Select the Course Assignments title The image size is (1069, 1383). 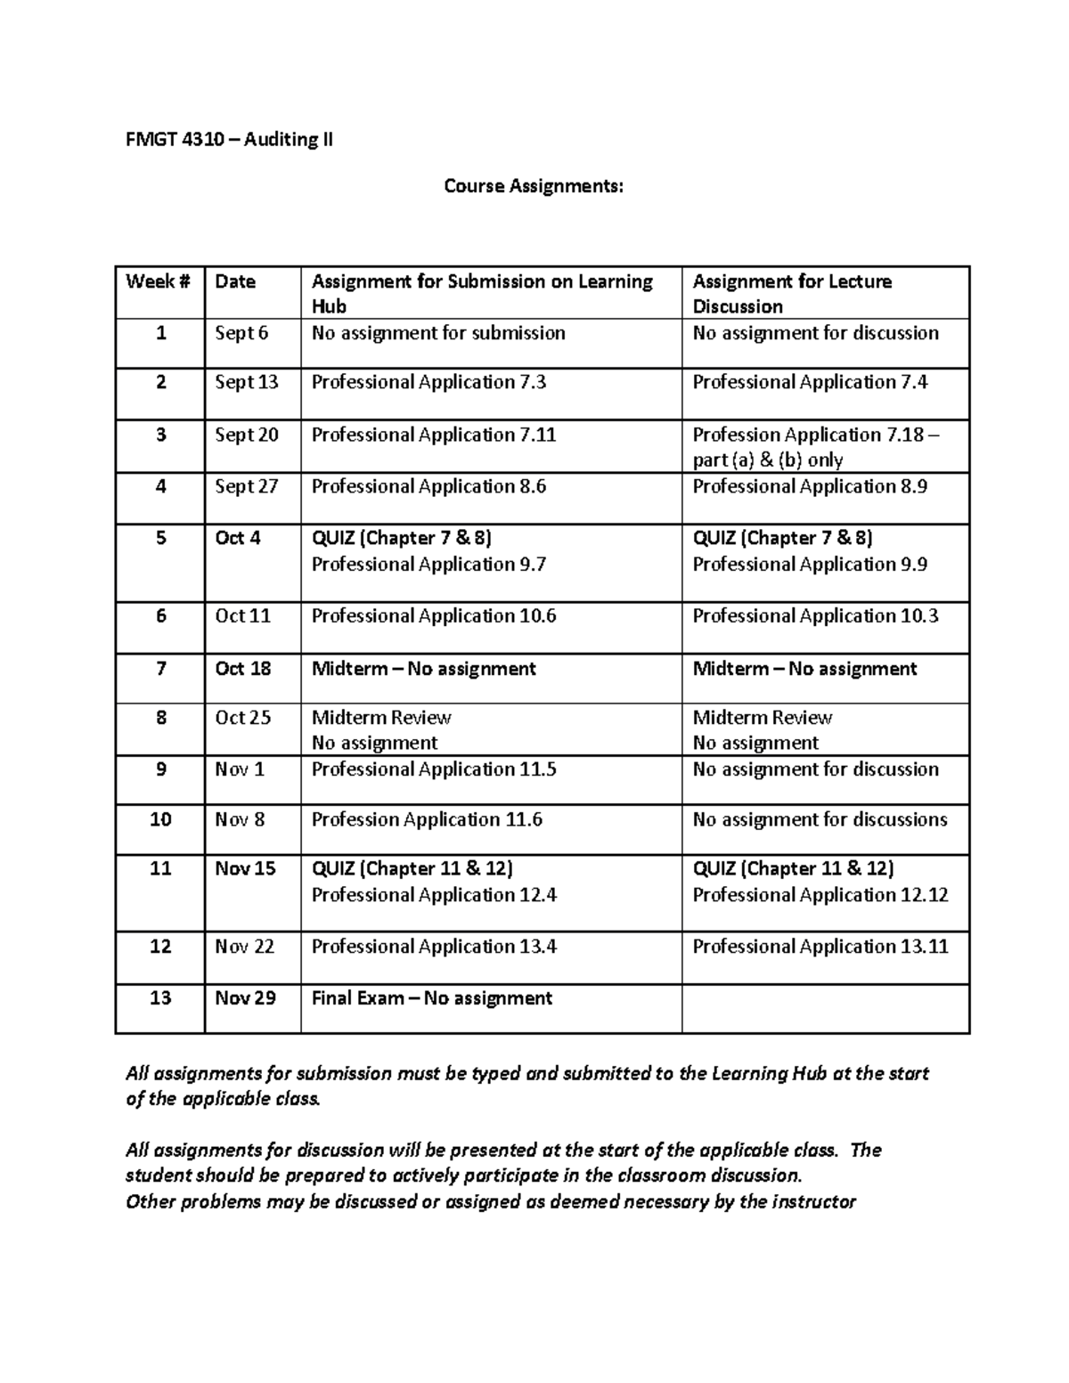[x=534, y=186]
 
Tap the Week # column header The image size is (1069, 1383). [x=158, y=282]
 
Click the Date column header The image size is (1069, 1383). [x=235, y=282]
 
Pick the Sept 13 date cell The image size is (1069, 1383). [x=247, y=382]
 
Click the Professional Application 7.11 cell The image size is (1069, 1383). [x=434, y=435]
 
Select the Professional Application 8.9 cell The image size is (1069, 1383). [x=810, y=486]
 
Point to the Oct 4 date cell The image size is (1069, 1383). [x=238, y=538]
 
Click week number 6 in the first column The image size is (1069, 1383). [x=160, y=615]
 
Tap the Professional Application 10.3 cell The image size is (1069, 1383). [x=815, y=616]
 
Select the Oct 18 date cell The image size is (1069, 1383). [x=243, y=669]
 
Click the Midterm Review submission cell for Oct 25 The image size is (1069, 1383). [x=381, y=718]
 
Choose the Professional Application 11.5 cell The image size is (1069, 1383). [x=434, y=769]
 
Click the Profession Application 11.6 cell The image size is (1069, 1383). [x=427, y=819]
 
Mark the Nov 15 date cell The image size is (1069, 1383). [x=245, y=868]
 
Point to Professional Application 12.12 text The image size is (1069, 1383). [x=820, y=895]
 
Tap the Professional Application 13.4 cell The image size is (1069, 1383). [x=434, y=947]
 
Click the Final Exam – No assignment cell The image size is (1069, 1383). [x=432, y=998]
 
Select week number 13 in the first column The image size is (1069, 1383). [x=160, y=998]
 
